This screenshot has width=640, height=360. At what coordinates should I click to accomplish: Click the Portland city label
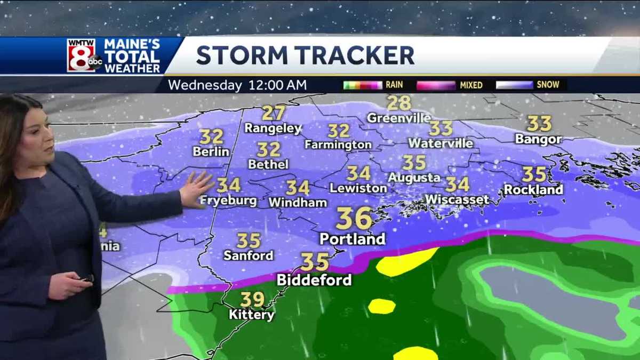tap(352, 239)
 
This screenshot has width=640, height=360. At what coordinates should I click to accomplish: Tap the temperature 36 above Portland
tap(354, 218)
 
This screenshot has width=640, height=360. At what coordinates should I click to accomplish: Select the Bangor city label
tap(539, 139)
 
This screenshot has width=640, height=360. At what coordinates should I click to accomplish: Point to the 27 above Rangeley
tap(273, 113)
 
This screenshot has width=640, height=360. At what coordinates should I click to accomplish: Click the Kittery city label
tap(252, 315)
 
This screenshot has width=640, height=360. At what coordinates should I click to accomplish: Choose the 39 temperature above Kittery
tap(252, 299)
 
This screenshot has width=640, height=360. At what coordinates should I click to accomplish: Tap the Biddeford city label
tap(314, 280)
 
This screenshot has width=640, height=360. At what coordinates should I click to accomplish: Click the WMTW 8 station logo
tap(84, 55)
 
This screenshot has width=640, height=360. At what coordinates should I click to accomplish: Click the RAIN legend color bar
tap(363, 85)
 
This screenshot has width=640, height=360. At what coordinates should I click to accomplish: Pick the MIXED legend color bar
tap(436, 85)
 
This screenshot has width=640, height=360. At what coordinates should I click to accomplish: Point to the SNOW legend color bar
tap(514, 85)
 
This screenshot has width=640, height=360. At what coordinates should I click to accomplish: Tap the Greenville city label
tap(398, 118)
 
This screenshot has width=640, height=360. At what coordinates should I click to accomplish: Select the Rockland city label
tap(533, 189)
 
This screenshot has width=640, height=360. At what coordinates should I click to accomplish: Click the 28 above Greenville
tap(399, 102)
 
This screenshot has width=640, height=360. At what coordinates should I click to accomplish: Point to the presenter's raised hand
tap(196, 189)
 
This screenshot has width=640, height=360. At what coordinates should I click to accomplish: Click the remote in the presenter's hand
tap(85, 278)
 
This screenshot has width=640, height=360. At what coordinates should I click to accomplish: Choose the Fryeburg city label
tap(228, 201)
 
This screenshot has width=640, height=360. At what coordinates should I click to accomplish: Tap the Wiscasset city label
tap(457, 199)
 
